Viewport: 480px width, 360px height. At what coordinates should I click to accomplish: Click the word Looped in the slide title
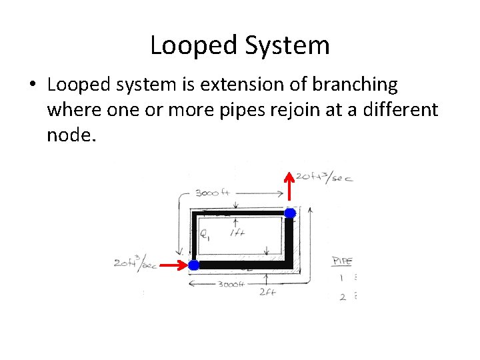click(191, 46)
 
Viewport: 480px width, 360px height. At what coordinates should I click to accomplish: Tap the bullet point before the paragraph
click(32, 86)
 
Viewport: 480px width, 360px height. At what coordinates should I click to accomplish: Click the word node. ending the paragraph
click(71, 135)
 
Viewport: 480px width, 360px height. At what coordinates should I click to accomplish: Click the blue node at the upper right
click(290, 213)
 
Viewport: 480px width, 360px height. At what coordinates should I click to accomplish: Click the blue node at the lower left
click(193, 265)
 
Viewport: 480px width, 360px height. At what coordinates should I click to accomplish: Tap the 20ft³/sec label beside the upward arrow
click(324, 177)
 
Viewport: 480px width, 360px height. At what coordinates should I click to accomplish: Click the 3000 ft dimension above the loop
click(213, 193)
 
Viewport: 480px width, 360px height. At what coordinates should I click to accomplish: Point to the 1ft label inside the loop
click(237, 233)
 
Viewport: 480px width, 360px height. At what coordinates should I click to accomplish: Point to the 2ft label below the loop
click(268, 291)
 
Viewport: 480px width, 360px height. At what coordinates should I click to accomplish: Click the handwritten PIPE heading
click(342, 261)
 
